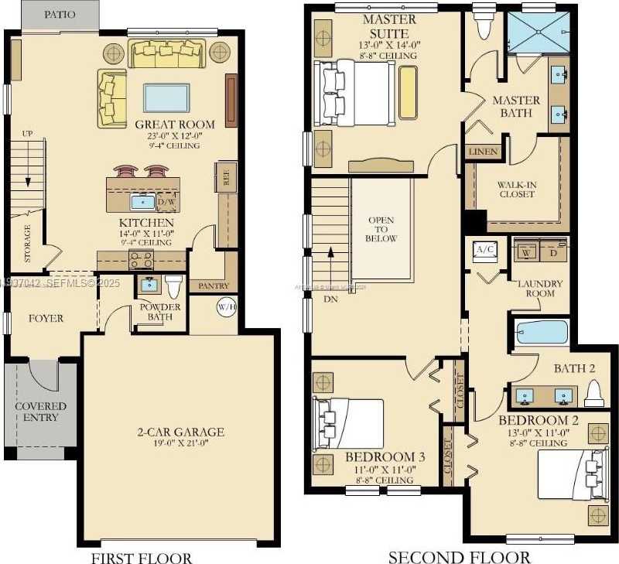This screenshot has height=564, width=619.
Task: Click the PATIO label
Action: pos(60,14)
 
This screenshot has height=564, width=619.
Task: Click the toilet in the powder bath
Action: pos(173,286)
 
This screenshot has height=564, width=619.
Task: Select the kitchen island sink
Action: pos(142,202)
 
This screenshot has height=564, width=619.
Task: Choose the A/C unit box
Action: pos(485,250)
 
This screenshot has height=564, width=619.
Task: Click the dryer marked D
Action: pos(552,253)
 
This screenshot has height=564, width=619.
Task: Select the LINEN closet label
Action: pos(483,152)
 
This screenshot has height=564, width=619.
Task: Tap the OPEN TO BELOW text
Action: pos(381,228)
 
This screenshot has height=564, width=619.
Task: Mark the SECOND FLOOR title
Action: pos(459,556)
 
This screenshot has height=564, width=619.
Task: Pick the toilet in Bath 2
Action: pos(593,395)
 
